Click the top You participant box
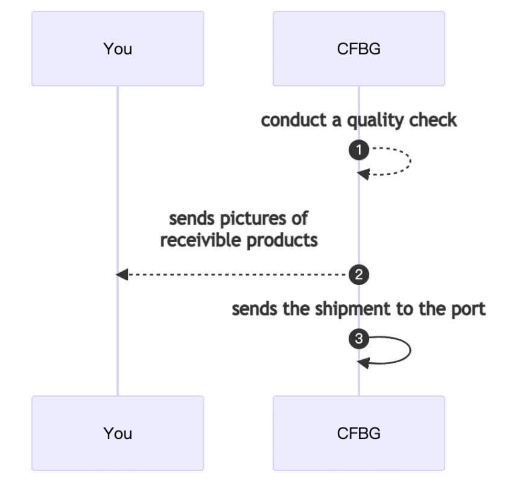pos(118,49)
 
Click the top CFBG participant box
pos(358,49)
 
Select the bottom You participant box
pos(118,433)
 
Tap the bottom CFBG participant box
pos(358,433)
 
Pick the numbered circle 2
pos(359,275)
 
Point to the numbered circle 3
pos(359,339)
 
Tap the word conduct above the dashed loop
pos(294,120)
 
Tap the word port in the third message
pos(469,310)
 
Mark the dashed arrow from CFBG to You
pos(235,275)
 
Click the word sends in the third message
pos(253,310)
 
